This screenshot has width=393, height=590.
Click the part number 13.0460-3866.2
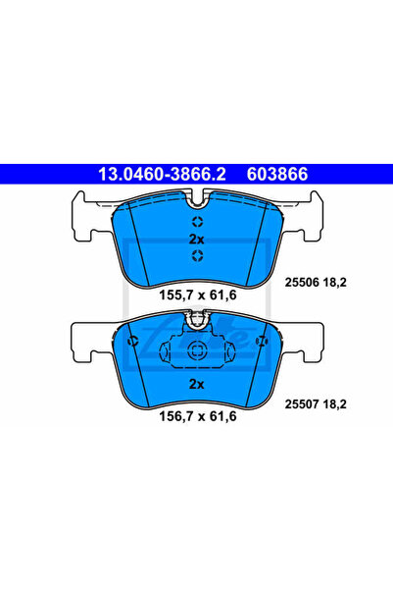pyautogui.click(x=162, y=174)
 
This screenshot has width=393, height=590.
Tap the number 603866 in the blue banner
pyautogui.click(x=277, y=174)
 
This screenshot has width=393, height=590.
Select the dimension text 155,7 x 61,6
pyautogui.click(x=198, y=295)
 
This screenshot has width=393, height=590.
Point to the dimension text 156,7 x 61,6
pyautogui.click(x=198, y=416)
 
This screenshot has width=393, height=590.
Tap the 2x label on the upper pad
pyautogui.click(x=196, y=239)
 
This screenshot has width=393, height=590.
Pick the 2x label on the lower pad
pyautogui.click(x=196, y=384)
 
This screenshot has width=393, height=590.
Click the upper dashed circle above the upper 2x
pyautogui.click(x=197, y=222)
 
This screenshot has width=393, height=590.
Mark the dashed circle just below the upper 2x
pyautogui.click(x=197, y=255)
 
